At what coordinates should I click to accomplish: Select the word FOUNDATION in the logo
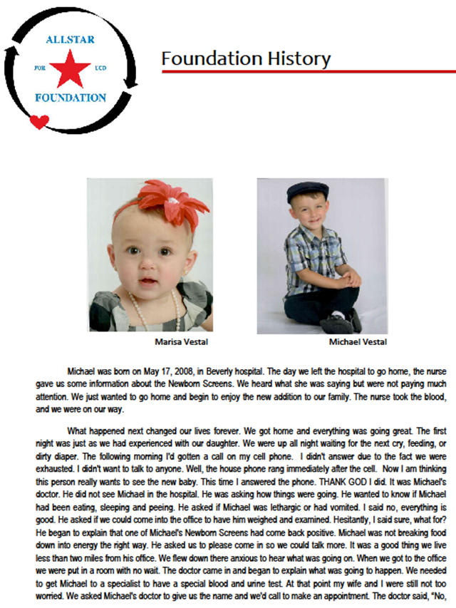pyautogui.click(x=70, y=98)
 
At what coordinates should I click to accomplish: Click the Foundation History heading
pyautogui.click(x=245, y=58)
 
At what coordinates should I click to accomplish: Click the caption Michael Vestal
pyautogui.click(x=358, y=342)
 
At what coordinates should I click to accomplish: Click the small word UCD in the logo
pyautogui.click(x=100, y=70)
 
